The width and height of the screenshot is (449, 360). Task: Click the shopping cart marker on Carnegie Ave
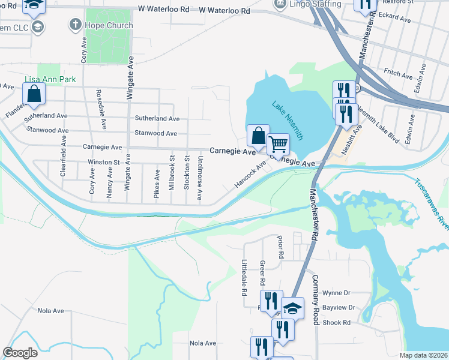tap(278, 145)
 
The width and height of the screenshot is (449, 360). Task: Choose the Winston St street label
tap(104, 162)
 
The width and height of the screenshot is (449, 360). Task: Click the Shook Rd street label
tap(338, 322)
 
